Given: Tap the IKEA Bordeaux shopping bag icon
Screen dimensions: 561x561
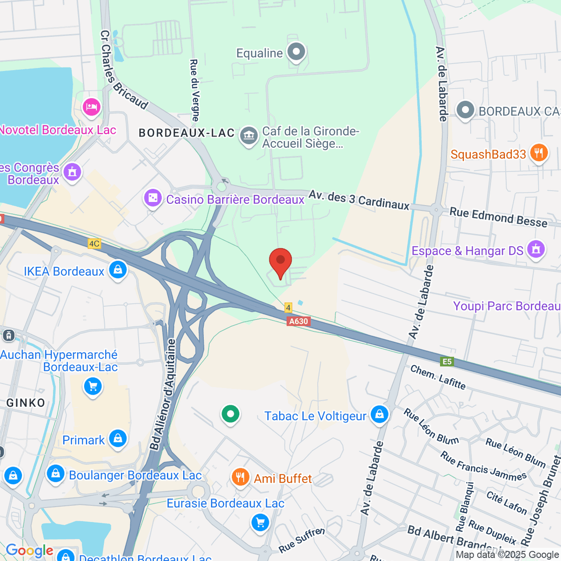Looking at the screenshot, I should tap(118, 270).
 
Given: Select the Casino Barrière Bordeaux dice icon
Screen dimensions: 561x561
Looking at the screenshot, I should tap(153, 198).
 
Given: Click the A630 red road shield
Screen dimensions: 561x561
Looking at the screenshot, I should tap(298, 321).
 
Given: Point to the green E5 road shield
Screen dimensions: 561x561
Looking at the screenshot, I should tap(447, 361).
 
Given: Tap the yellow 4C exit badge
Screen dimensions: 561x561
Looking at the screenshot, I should tap(94, 243).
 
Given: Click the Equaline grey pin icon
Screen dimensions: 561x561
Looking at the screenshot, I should tap(296, 52).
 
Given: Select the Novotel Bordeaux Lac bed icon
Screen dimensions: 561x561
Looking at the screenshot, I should tap(91, 107).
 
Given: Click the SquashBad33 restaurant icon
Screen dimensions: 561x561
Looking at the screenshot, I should tap(539, 153).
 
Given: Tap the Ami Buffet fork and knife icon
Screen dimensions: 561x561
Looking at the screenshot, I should tap(240, 477).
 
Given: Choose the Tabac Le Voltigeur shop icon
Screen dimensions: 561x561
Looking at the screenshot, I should tap(379, 415).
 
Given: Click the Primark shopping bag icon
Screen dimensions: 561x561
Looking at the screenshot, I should tap(118, 439).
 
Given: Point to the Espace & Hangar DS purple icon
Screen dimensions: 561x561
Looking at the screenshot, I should tap(536, 249).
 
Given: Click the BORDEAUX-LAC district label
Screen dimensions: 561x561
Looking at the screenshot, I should tap(187, 133).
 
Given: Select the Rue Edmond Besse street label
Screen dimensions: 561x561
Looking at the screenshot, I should tap(498, 217).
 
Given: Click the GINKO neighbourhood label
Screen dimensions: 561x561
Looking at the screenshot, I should tap(26, 403).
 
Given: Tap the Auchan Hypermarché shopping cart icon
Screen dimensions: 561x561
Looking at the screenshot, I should tap(93, 386).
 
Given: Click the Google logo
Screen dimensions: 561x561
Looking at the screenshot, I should tap(29, 551).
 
